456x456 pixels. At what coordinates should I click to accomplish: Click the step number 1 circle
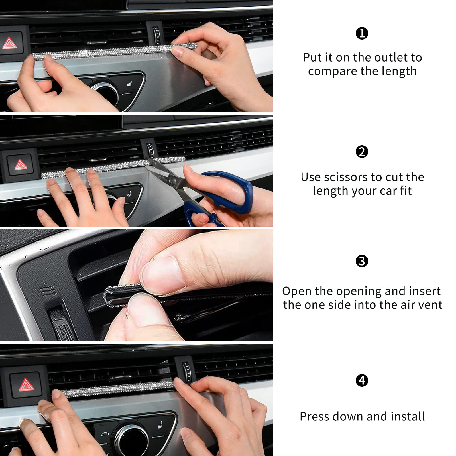pos(362,33)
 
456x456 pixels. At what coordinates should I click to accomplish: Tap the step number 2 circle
pos(362,152)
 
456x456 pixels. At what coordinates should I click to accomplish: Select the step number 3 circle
pos(362,261)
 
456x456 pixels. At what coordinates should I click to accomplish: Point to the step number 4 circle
pos(362,380)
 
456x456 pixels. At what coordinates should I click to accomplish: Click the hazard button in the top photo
pos(10,44)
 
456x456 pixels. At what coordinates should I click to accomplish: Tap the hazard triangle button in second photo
pos(20,165)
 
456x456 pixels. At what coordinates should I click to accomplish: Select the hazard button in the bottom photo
pos(27,385)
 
